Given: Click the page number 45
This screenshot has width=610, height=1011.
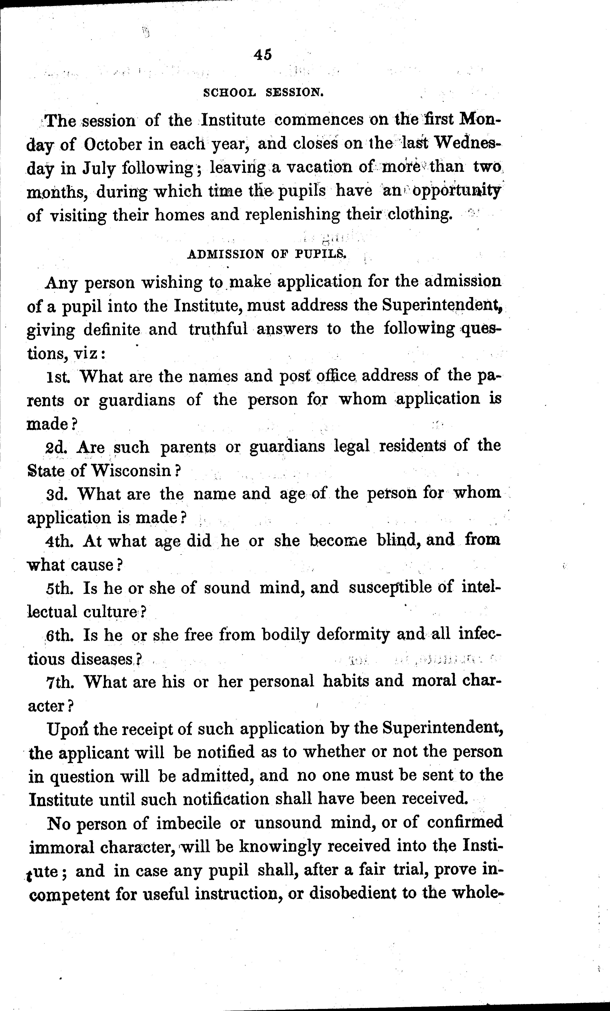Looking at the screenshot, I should click(x=263, y=55).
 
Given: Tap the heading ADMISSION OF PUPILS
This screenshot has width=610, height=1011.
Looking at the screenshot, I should click(x=267, y=254).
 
